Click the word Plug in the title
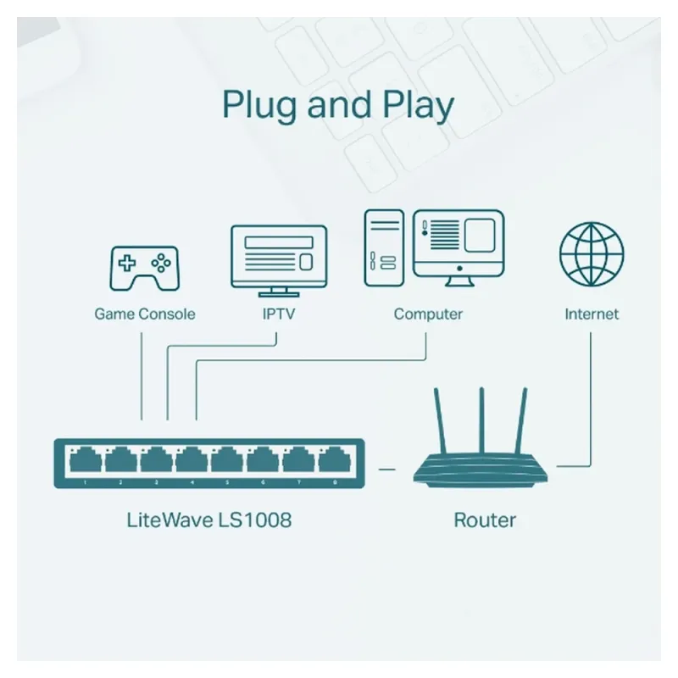pos(259,106)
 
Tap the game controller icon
pos(144,267)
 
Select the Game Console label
pos(144,314)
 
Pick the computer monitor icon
pos(458,247)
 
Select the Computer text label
pos(428,314)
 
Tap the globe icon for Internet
pos(592,254)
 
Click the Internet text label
pos(592,314)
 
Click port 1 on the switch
pos(86,461)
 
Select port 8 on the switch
pos(334,461)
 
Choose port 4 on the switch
pos(192,461)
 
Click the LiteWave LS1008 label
pos(208,519)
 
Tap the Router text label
pos(485,520)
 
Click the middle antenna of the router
pos(481,420)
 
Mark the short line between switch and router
pos(387,467)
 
